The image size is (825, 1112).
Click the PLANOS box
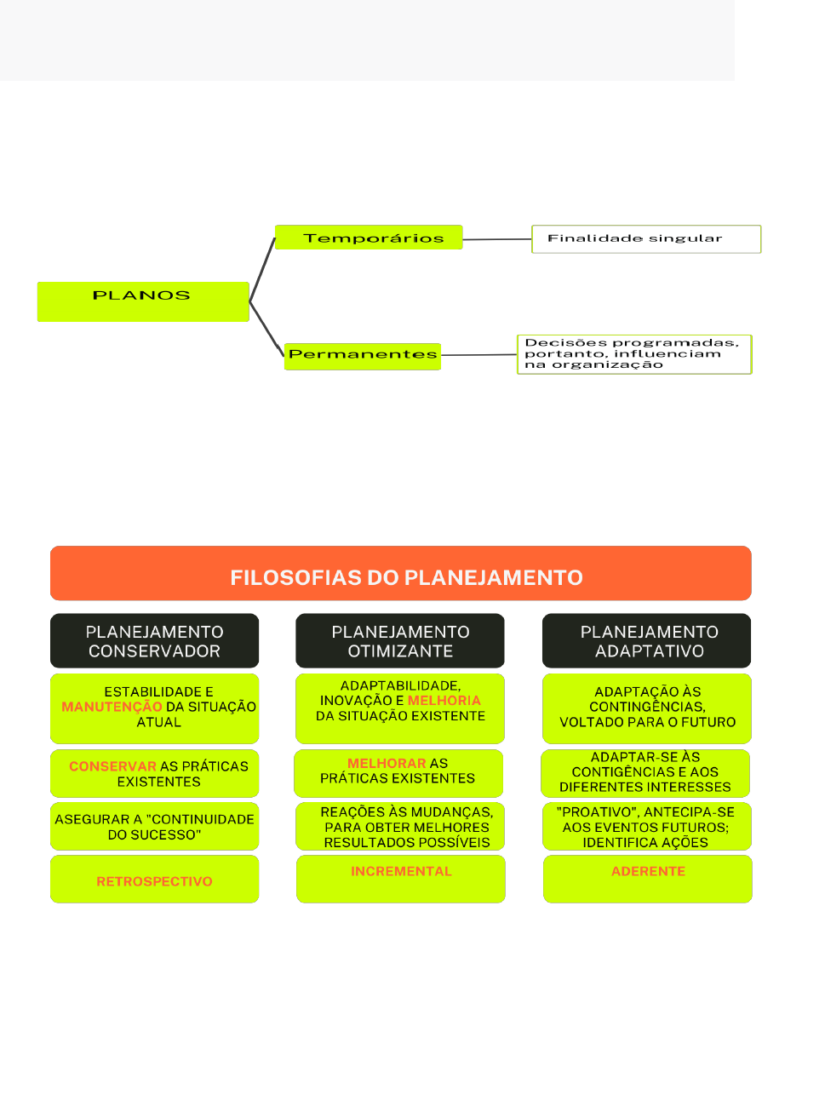(x=143, y=301)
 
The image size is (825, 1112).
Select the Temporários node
(x=369, y=238)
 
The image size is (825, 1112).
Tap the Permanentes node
(x=362, y=357)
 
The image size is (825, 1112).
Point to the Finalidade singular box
(x=646, y=239)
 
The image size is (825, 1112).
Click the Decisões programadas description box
(x=634, y=354)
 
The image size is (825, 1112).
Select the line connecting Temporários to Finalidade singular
(x=496, y=239)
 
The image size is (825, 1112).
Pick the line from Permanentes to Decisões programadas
(x=479, y=355)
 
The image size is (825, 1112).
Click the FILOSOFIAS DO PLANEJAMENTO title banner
(x=401, y=572)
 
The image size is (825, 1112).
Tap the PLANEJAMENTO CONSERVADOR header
(x=154, y=640)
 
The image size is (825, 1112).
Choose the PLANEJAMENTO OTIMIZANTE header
(x=399, y=640)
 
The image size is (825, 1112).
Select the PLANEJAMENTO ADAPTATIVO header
(x=646, y=640)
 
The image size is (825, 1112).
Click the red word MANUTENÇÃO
(x=112, y=707)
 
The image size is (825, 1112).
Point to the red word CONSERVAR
(x=113, y=766)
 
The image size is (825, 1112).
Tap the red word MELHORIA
(x=444, y=700)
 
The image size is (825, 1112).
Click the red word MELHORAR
(x=387, y=763)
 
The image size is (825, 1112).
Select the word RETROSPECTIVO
(x=154, y=881)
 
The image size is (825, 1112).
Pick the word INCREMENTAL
(x=401, y=871)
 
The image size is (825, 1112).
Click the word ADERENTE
(x=648, y=871)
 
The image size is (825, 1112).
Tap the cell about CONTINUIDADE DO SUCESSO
(x=154, y=826)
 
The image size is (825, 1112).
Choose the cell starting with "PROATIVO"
(x=647, y=826)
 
